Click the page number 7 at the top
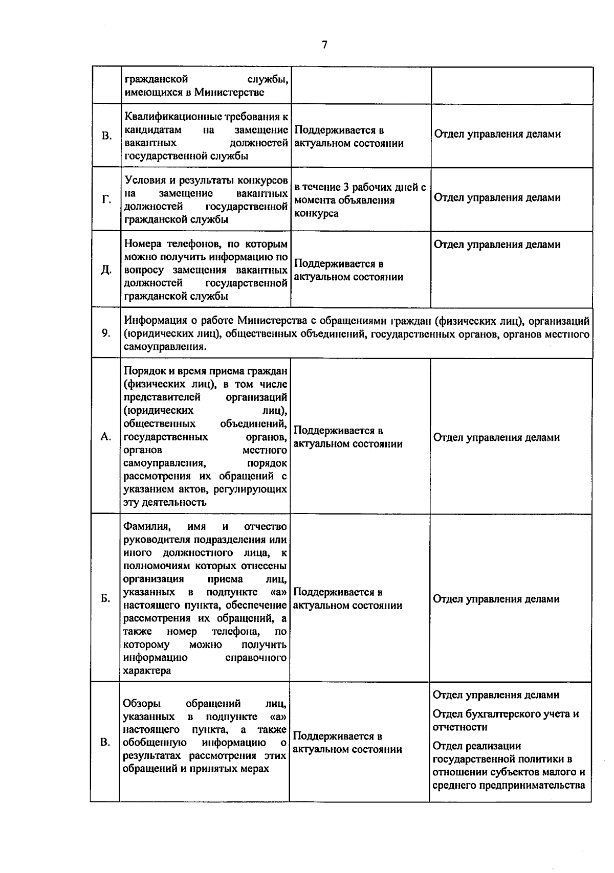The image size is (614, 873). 324,45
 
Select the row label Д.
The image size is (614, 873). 106,270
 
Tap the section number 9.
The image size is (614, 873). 105,333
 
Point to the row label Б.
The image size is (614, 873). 105,598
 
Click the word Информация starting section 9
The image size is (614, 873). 152,321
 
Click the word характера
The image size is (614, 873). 147,670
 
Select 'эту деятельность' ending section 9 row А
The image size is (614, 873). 165,502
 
